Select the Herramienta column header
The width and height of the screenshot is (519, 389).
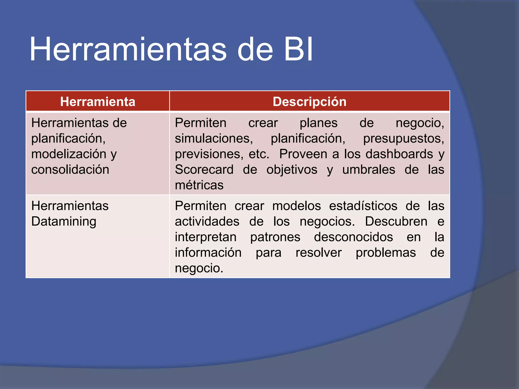[x=98, y=102]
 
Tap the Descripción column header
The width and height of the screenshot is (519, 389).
[x=309, y=102]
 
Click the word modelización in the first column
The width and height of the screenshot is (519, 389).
[x=69, y=154]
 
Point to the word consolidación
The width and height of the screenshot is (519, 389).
[x=70, y=169]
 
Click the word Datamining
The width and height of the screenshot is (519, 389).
[x=64, y=221]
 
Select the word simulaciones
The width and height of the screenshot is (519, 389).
[x=214, y=139]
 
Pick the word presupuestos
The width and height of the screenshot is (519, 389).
[x=403, y=139]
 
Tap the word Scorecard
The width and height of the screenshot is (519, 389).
[x=204, y=169]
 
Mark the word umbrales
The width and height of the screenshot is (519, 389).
[x=368, y=169]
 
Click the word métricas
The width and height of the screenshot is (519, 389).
[x=199, y=185]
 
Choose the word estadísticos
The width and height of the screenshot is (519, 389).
[x=363, y=206]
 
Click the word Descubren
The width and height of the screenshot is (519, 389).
[x=396, y=221]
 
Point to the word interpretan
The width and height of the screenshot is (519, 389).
[x=206, y=237]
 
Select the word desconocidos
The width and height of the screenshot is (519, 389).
[x=353, y=237]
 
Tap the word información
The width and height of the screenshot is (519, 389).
[x=208, y=252]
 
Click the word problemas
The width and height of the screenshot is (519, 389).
[x=386, y=252]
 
